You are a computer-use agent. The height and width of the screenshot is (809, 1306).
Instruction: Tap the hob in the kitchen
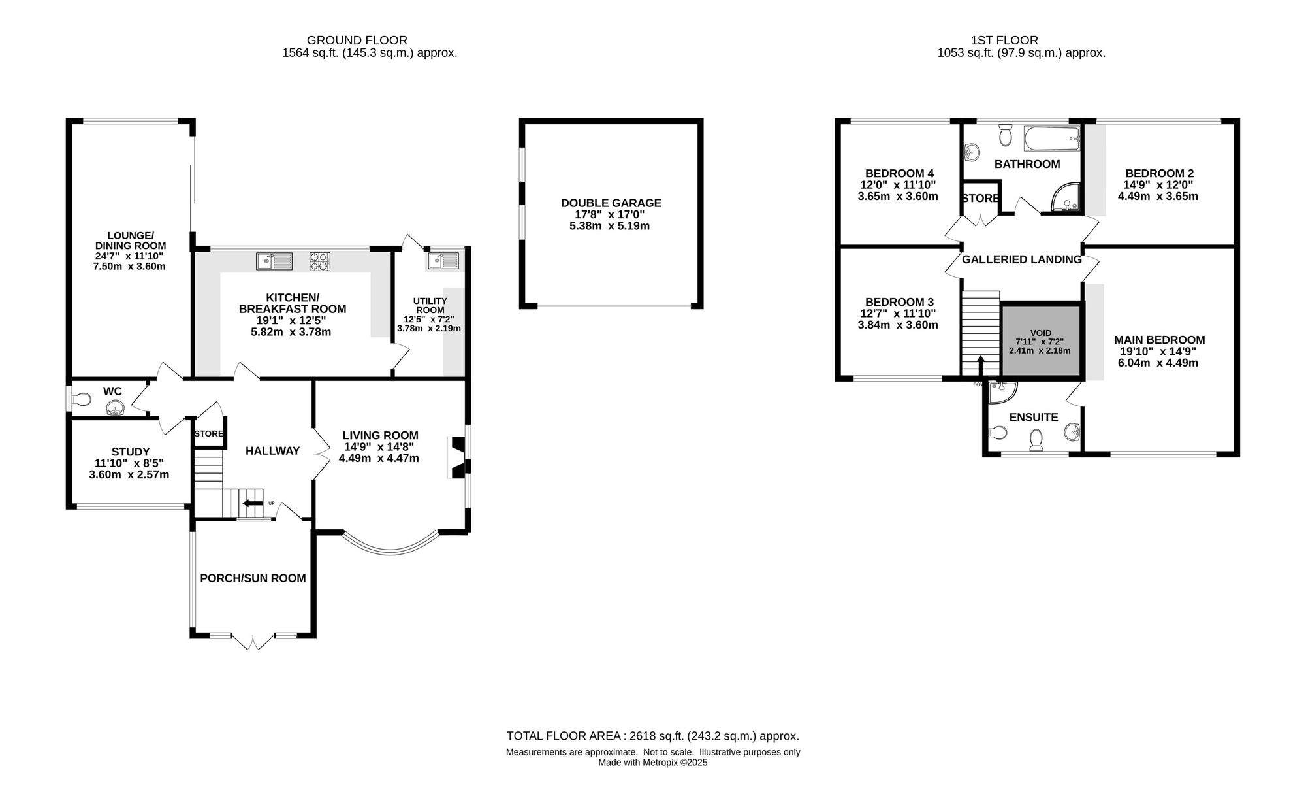tap(319, 261)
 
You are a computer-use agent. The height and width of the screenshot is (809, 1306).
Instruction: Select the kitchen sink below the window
tap(274, 261)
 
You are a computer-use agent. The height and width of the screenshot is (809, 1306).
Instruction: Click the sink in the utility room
tap(443, 261)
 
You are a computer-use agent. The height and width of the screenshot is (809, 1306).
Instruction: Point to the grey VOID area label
tap(1041, 333)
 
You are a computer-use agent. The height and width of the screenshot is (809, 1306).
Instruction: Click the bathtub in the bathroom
tap(1052, 137)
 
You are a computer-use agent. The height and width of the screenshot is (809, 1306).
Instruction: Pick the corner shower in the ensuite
tap(1002, 391)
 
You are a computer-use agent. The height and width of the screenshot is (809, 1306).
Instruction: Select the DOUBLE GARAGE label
tap(611, 203)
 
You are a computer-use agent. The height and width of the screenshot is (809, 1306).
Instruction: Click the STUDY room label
tap(131, 452)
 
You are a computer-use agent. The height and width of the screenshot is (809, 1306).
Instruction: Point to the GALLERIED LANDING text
tap(1022, 259)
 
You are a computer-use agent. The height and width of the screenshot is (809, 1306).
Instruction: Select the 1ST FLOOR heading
tap(1021, 41)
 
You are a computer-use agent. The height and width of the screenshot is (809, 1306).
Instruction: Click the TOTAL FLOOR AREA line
tap(653, 736)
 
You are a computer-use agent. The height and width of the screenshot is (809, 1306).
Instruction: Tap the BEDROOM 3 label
tap(899, 302)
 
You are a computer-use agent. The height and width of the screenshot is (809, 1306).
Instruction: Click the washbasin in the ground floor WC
tap(116, 408)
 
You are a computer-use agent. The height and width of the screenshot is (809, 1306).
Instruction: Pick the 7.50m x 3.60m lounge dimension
tap(127, 266)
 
